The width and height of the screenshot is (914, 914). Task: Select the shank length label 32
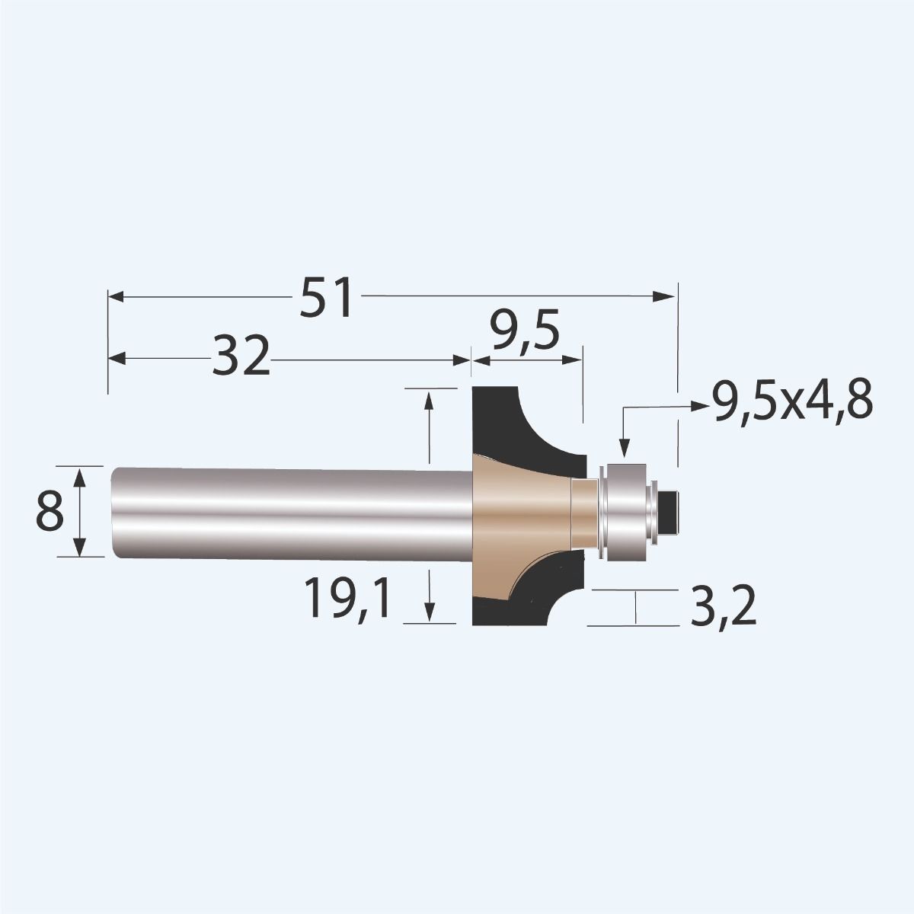241,357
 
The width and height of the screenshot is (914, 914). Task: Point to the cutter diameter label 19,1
347,597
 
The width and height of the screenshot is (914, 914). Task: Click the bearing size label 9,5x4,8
791,401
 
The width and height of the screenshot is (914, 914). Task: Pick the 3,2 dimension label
723,607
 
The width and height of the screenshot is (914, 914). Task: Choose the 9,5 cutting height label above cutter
524,332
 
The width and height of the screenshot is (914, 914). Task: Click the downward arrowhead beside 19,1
430,612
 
